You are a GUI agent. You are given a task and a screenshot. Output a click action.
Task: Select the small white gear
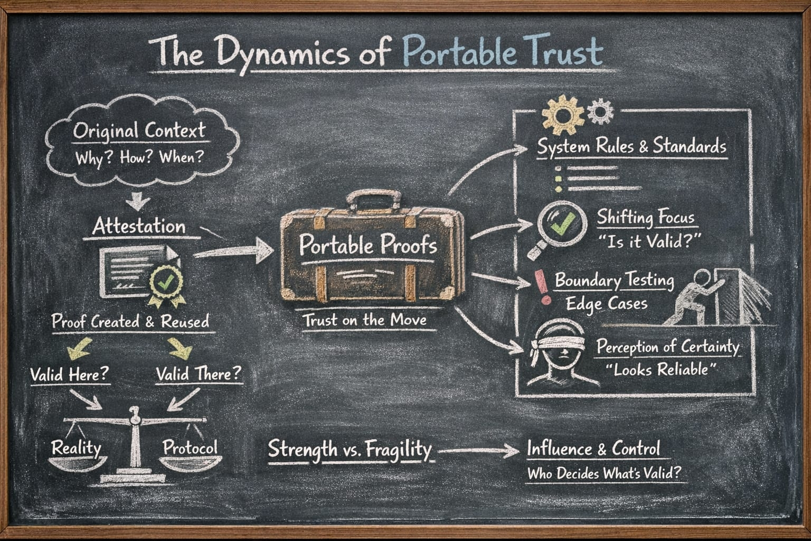(600, 112)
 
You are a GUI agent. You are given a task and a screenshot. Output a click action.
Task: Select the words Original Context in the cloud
(139, 130)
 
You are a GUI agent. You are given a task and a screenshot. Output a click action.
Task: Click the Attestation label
(139, 227)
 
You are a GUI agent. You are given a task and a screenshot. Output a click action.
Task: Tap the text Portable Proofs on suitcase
(368, 245)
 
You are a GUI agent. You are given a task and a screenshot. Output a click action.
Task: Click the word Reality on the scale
(76, 448)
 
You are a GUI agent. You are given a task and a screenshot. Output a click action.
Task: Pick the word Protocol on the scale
(190, 447)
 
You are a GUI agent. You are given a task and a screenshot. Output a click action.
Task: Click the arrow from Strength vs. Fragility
(478, 451)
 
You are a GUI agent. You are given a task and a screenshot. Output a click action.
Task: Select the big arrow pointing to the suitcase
(235, 251)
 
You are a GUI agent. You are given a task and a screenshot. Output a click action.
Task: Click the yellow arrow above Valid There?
(180, 347)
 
